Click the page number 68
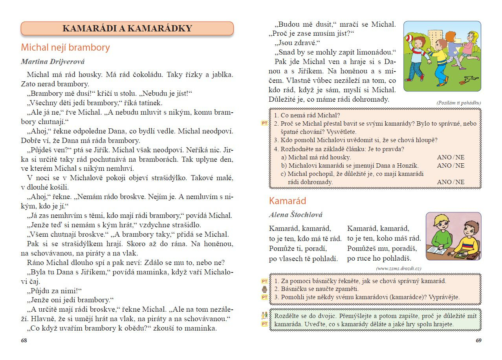click(24, 340)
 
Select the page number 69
click(478, 340)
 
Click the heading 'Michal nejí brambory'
click(65, 48)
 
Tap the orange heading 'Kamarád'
click(287, 201)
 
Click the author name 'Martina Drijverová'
click(53, 62)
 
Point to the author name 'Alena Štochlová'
click(295, 215)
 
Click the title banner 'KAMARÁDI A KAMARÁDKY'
click(127, 28)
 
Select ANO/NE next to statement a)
click(451, 157)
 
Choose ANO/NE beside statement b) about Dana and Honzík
click(451, 166)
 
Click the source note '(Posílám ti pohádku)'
click(458, 103)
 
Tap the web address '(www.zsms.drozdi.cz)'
click(398, 268)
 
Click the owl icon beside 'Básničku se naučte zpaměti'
click(264, 289)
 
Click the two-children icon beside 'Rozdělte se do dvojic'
click(264, 315)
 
